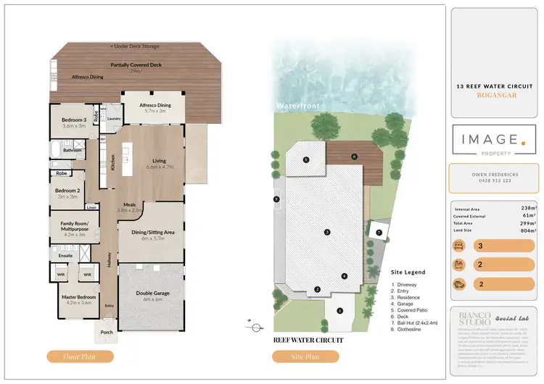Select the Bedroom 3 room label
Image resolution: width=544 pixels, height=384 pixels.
coord(73,122)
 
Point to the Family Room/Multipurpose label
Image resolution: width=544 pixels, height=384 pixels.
coord(74,227)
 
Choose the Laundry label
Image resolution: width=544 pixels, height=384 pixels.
coord(113,119)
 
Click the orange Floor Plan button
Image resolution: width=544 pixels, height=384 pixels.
coord(81,356)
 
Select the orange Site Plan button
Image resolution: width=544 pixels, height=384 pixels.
coord(305,356)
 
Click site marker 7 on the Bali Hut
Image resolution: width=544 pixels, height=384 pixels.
coord(379,232)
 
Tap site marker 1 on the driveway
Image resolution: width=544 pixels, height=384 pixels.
coord(339,311)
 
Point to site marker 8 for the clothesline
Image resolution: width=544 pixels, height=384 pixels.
coord(276,199)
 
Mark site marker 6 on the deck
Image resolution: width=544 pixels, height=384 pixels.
coord(354,156)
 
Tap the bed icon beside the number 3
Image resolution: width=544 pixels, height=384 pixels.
coord(458,246)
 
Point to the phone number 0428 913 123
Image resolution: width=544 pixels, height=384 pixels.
coord(495,180)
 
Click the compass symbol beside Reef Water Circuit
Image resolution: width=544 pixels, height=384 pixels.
coord(256,328)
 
